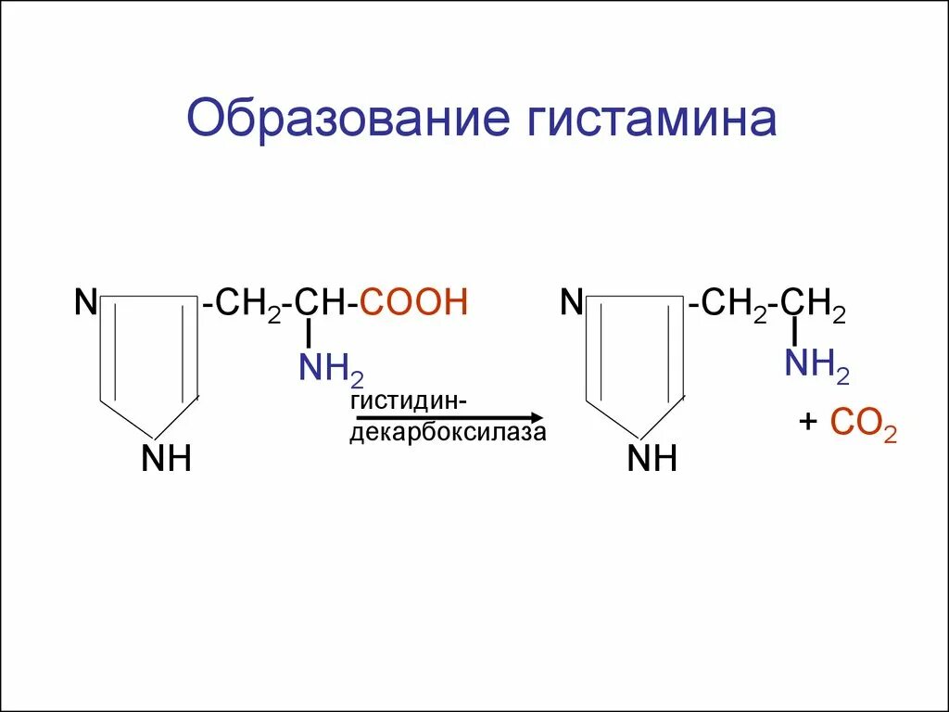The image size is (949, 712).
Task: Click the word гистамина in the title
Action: coord(652,122)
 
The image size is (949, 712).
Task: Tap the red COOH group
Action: coord(413,303)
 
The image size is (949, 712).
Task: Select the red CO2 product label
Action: coord(863,425)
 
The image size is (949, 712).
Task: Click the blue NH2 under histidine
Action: coord(330,370)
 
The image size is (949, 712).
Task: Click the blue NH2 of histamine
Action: coord(816,364)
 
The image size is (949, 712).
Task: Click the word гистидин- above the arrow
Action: coord(408,401)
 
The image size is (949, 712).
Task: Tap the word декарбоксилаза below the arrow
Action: coord(448,434)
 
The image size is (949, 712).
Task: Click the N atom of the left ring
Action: coord(86,302)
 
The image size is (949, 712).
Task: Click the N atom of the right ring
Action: coord(572,302)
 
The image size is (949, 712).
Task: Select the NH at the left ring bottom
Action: coord(166,458)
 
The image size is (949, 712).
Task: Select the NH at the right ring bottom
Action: coord(652,458)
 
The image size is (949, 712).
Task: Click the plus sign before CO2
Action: coord(808,424)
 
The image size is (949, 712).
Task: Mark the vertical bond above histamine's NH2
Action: coord(794,330)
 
